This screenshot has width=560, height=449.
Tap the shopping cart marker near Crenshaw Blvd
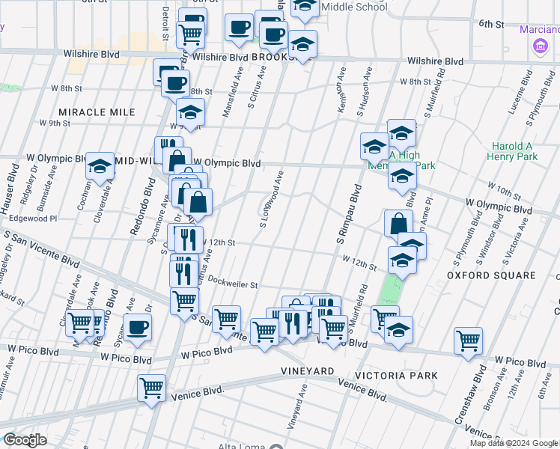tap(468, 340)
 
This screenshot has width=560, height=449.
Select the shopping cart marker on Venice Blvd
tap(152, 388)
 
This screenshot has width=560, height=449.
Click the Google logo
tap(25, 440)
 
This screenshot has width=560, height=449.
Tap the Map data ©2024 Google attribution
tap(514, 443)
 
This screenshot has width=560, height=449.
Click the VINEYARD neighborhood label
tap(307, 371)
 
